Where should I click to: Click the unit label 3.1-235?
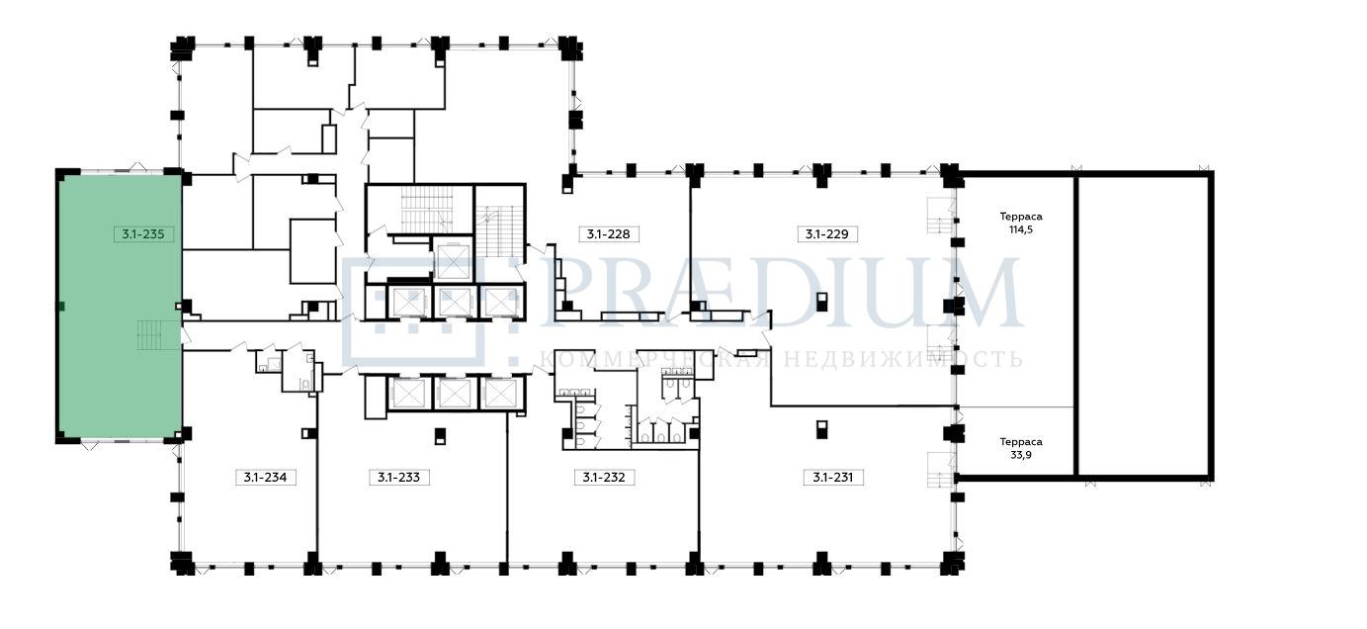[x=143, y=233]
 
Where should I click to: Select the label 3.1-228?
[x=609, y=233]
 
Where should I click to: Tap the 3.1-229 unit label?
[x=827, y=233]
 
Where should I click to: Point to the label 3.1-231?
[x=832, y=477]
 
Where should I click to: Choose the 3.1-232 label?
[x=604, y=477]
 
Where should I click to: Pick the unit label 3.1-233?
[x=398, y=477]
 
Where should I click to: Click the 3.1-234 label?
[x=266, y=477]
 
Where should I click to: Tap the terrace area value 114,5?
[x=1021, y=230]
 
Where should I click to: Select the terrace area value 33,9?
[x=1021, y=455]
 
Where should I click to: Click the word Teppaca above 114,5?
[x=1021, y=217]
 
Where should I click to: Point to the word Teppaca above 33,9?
[x=1021, y=441]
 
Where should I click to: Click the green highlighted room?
[x=120, y=306]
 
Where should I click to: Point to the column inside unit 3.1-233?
[x=440, y=436]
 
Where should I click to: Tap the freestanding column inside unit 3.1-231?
[x=822, y=429]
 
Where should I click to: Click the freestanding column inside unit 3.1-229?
[x=822, y=302]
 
